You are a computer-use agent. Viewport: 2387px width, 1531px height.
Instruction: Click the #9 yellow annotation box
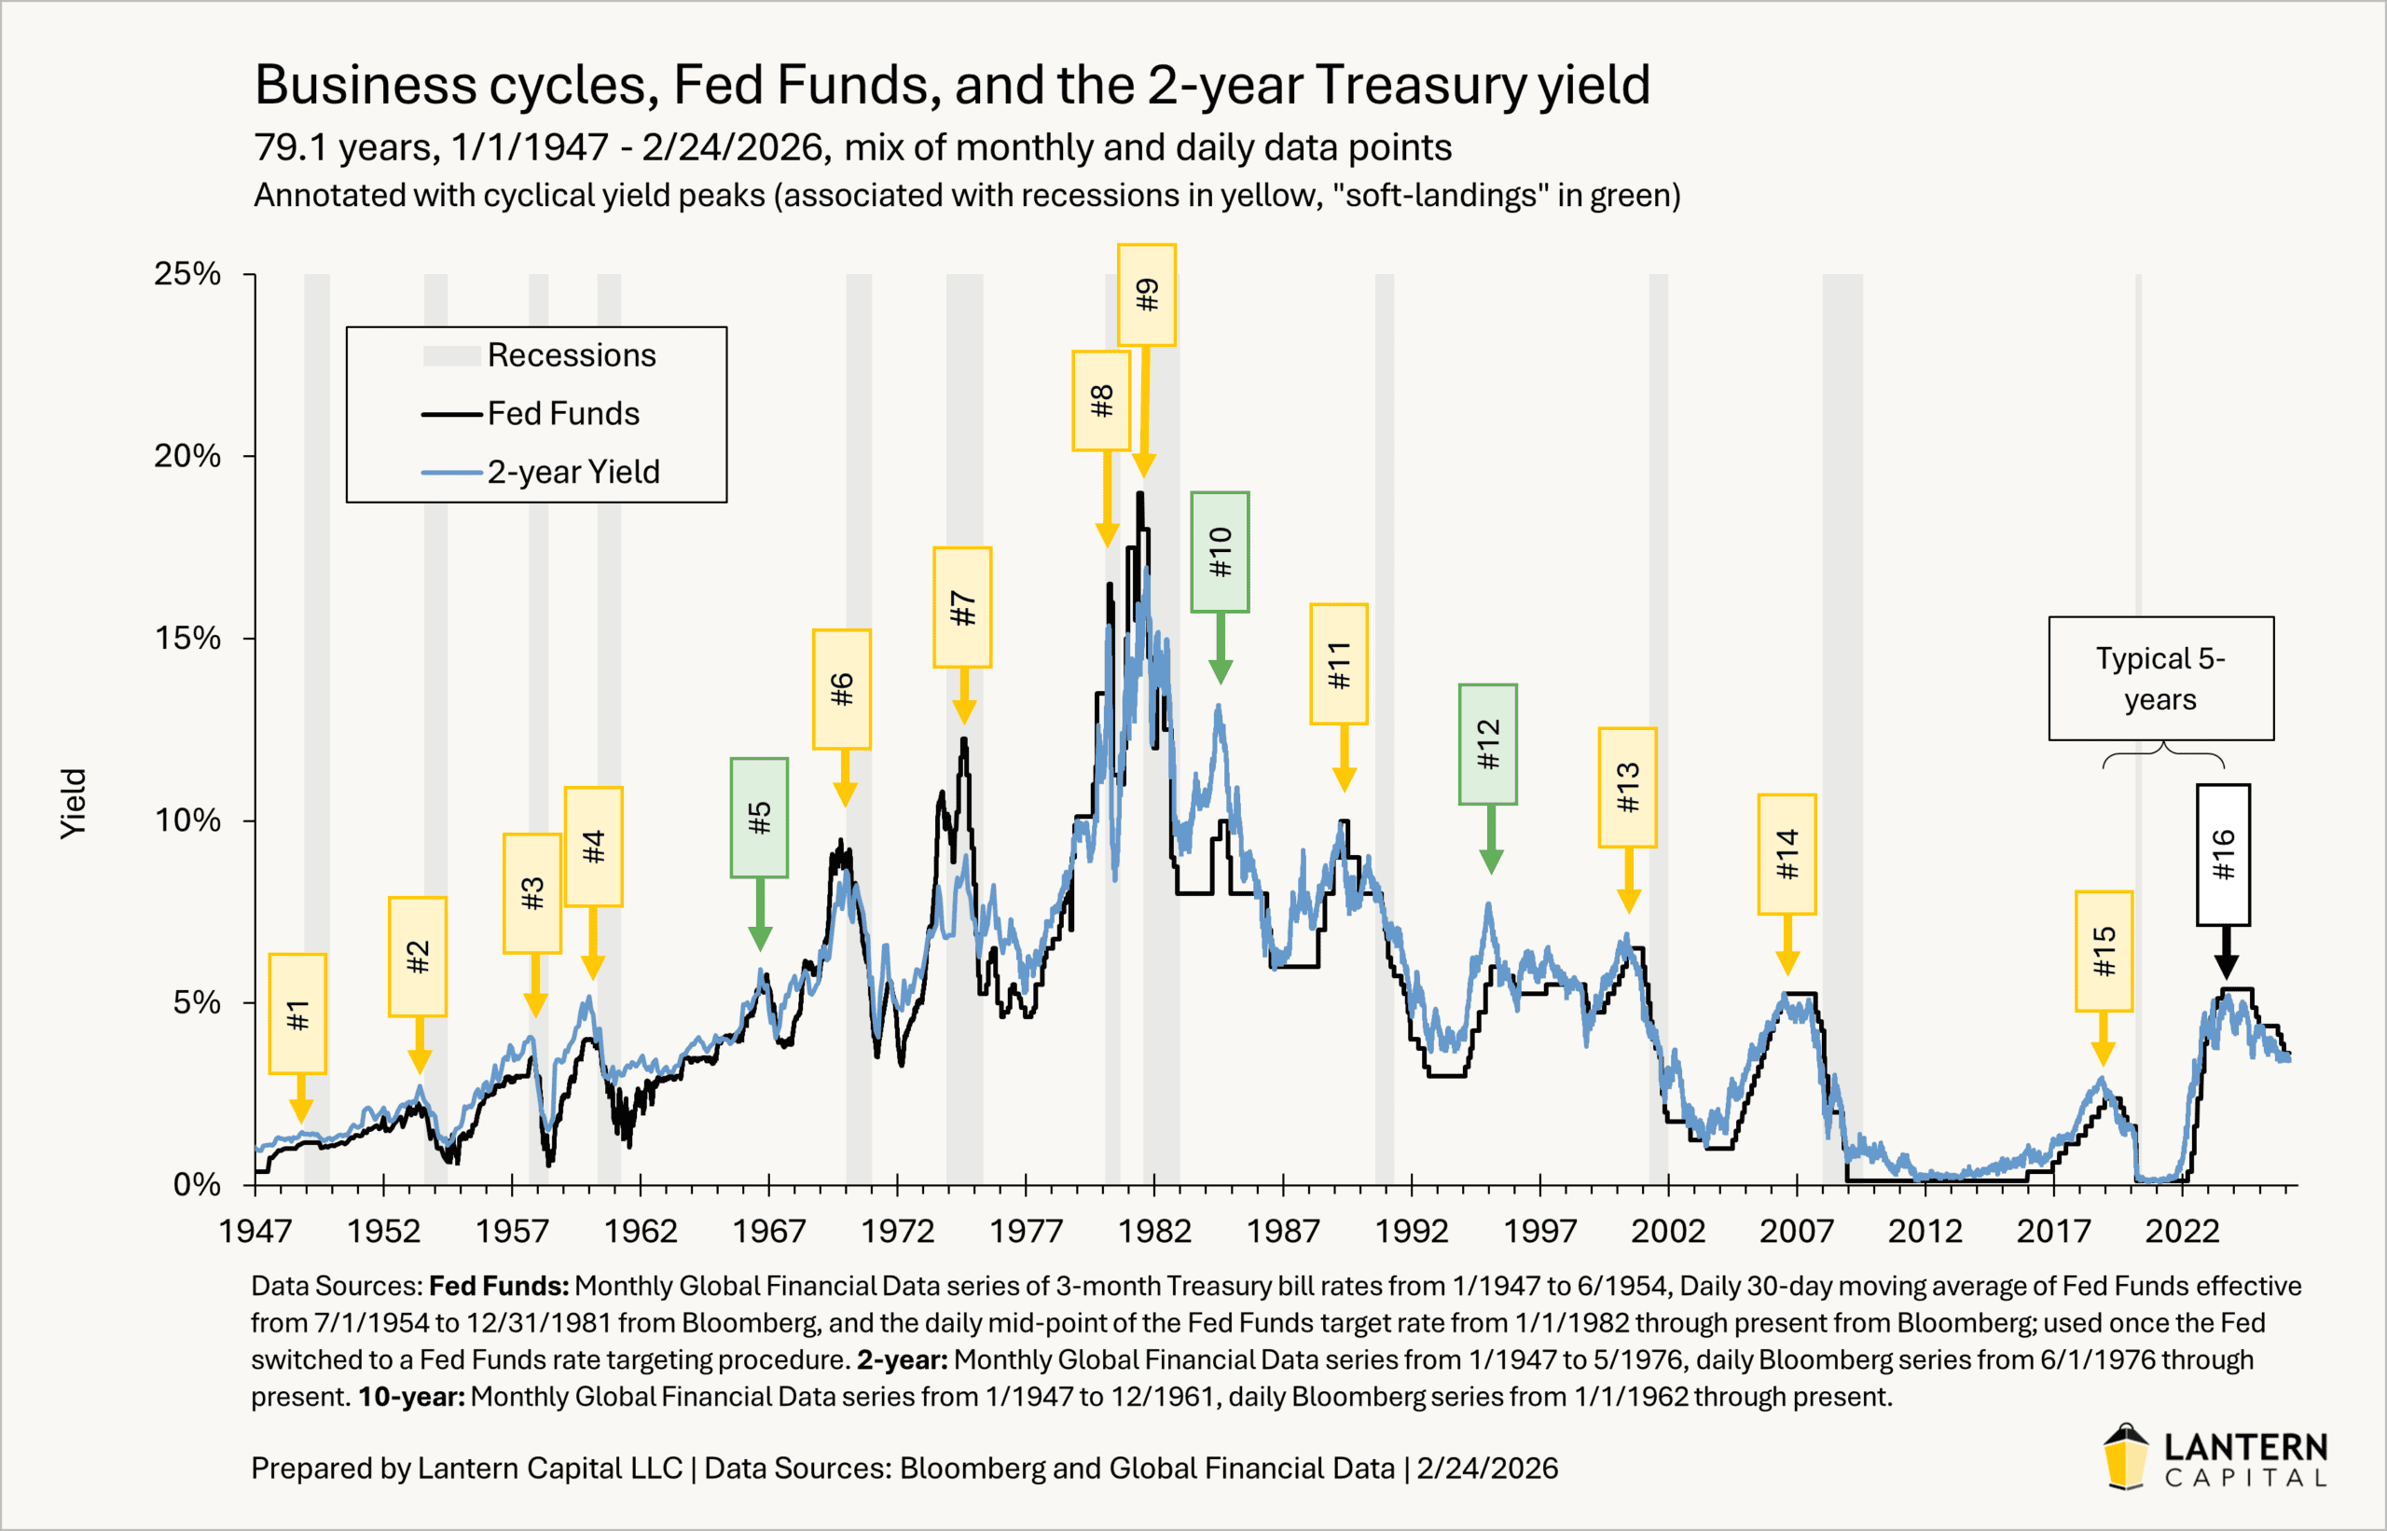(x=1146, y=296)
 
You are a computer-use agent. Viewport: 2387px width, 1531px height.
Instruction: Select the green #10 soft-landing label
(x=1220, y=552)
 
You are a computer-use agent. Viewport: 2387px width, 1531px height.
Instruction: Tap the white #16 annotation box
(x=2223, y=855)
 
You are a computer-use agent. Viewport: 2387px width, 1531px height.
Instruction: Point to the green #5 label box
(x=760, y=817)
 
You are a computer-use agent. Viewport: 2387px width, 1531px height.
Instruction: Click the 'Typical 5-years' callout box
(x=2160, y=678)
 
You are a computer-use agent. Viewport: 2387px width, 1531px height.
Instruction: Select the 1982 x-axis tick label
(x=1154, y=1231)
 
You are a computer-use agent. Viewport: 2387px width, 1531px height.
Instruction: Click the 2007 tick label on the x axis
(x=1796, y=1231)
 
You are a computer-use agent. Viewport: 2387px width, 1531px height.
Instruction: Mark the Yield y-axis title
(x=74, y=804)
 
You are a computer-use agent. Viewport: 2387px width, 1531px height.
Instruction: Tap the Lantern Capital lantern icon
(x=2126, y=1456)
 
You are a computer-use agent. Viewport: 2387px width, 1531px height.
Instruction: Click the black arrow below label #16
(x=2227, y=952)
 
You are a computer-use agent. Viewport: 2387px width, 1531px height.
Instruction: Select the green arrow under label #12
(x=1491, y=840)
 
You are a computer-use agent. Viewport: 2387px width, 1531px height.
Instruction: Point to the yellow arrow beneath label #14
(x=1787, y=945)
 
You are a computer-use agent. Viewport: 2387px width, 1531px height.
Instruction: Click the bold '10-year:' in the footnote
(x=411, y=1397)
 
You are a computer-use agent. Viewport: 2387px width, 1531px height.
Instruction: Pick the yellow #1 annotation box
(x=297, y=1014)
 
